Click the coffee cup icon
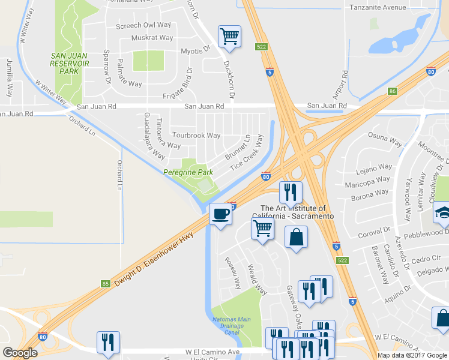pyautogui.click(x=220, y=214)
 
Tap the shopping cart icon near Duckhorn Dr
pyautogui.click(x=229, y=37)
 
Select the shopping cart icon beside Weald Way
pyautogui.click(x=262, y=228)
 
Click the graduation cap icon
pyautogui.click(x=444, y=214)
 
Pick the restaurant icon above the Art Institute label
pyautogui.click(x=291, y=192)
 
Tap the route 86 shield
pyautogui.click(x=393, y=91)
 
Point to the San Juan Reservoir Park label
pyautogui.click(x=65, y=63)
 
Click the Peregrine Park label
pyautogui.click(x=188, y=172)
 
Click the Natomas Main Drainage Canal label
pyautogui.click(x=231, y=326)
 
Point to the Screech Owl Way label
pyautogui.click(x=143, y=26)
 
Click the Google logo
pyautogui.click(x=20, y=353)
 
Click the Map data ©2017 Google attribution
pyautogui.click(x=412, y=355)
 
